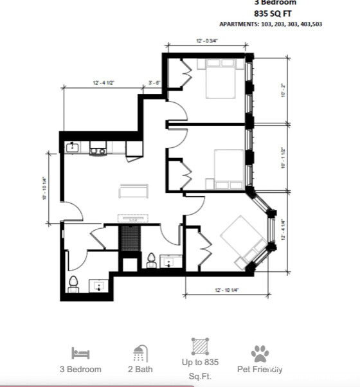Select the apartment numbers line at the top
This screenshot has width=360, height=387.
(x=271, y=24)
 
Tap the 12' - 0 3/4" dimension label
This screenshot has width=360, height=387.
(x=207, y=41)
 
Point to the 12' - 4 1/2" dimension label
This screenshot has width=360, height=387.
(x=104, y=83)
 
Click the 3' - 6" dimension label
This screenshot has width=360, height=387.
(x=154, y=83)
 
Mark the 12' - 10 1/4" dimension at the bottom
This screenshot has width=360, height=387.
(x=226, y=291)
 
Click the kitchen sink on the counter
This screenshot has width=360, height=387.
(x=72, y=148)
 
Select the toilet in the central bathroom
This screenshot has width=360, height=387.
(x=152, y=260)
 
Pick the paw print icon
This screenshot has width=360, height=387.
(x=260, y=353)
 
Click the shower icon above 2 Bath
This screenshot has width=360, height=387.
(x=139, y=353)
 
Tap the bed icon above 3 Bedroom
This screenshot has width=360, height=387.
(x=80, y=354)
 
